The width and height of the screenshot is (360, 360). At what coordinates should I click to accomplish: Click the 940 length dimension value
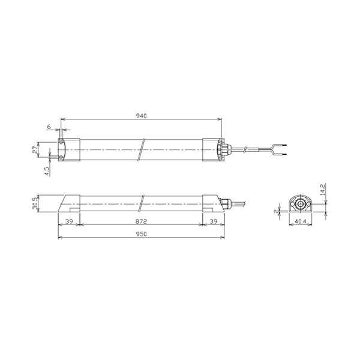142,116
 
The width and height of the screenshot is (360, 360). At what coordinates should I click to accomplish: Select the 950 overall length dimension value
142,234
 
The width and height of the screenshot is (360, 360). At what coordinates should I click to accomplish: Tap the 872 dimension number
141,221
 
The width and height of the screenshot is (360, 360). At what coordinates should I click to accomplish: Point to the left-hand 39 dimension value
69,221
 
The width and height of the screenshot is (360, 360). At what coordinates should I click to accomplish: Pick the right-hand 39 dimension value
214,221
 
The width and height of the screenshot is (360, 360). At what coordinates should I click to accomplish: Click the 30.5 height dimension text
35,203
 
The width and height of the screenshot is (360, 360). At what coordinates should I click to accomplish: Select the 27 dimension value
35,150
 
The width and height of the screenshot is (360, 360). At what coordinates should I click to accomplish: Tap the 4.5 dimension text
47,171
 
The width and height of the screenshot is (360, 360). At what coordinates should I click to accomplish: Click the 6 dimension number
49,127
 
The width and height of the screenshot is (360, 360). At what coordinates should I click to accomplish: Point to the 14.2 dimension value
322,189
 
